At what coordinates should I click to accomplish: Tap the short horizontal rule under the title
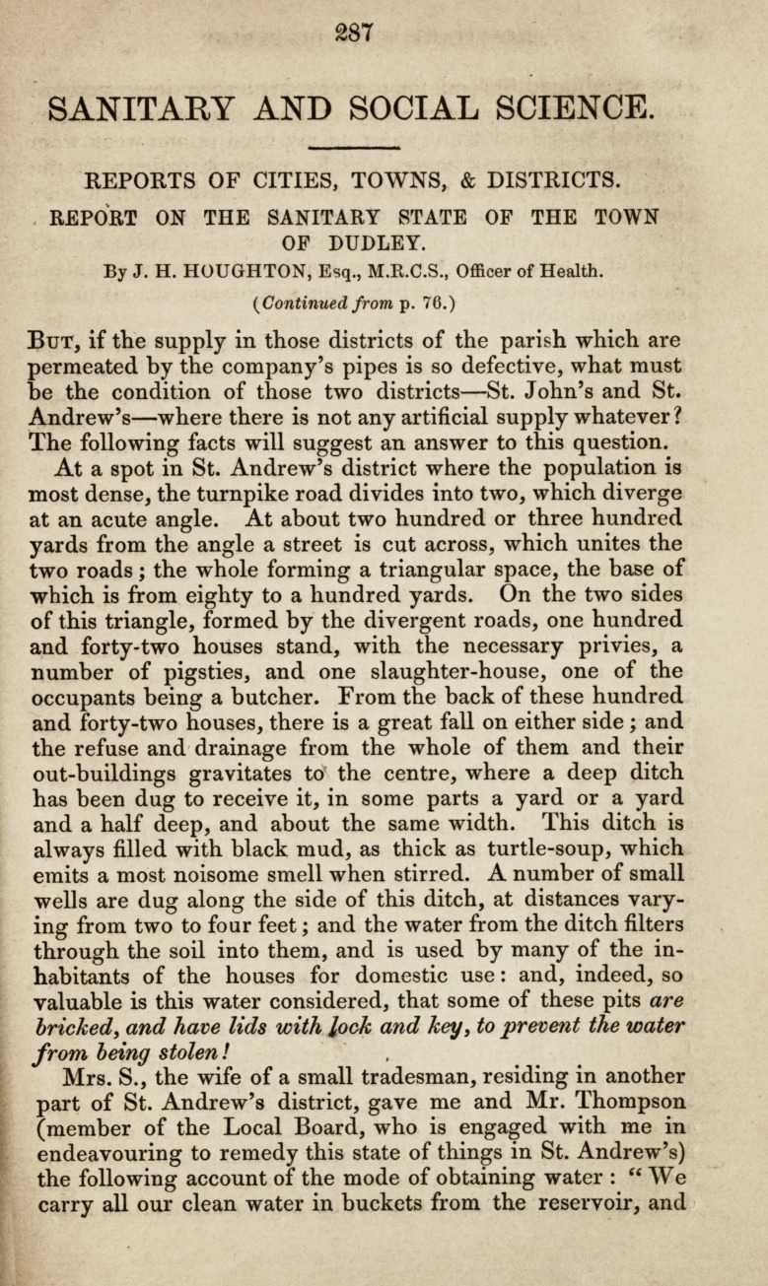click(x=352, y=148)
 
